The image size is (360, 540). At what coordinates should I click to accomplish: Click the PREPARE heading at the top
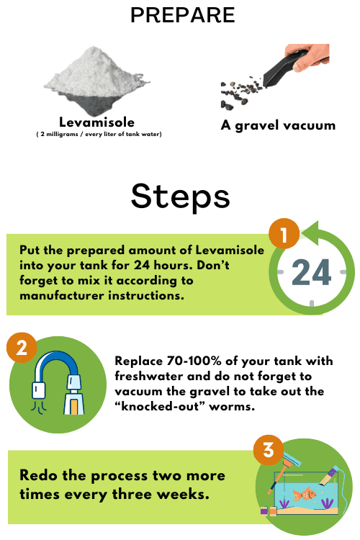coord(179,16)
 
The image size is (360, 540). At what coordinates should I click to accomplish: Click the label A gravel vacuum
coord(278,125)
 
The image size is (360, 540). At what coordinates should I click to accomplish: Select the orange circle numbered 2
coord(22,348)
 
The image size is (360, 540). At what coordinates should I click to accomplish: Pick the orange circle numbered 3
coord(268,451)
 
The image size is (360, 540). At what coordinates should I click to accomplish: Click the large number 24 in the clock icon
coord(312,275)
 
